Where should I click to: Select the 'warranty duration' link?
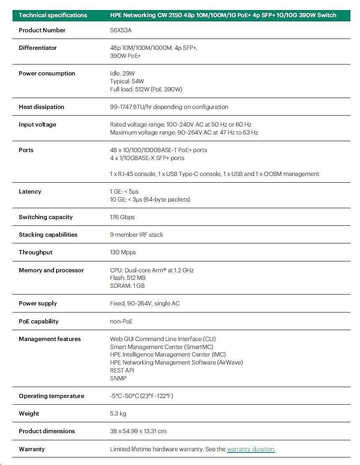[x=251, y=449]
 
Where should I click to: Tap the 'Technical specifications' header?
[x=53, y=15]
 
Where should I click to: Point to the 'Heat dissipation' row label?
[x=41, y=107]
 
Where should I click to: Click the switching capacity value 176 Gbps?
[x=122, y=217]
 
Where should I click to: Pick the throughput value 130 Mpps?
[x=123, y=252]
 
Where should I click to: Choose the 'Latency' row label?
[x=30, y=191]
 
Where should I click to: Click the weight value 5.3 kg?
[x=118, y=413]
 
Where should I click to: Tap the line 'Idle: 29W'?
[x=122, y=73]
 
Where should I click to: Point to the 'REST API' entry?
[x=122, y=370]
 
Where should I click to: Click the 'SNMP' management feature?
[x=118, y=378]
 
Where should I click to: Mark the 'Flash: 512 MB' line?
[x=128, y=278]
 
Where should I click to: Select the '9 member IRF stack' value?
[x=136, y=235]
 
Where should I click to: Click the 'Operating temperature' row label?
[x=51, y=396]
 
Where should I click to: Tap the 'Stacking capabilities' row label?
[x=48, y=235]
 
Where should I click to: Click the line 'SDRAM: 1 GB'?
[x=127, y=286]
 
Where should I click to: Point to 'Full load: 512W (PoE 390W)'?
[x=146, y=89]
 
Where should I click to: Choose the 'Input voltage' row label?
[x=37, y=124]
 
